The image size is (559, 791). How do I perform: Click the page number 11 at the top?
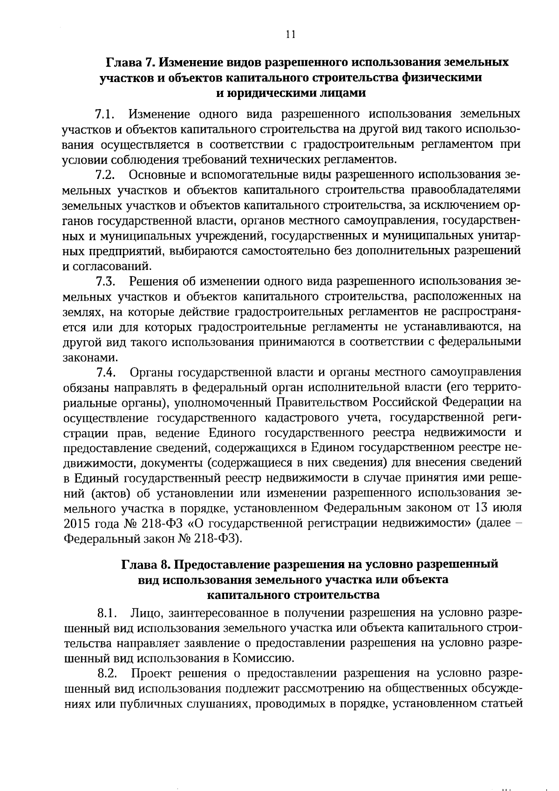click(290, 34)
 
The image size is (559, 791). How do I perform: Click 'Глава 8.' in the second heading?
click(141, 564)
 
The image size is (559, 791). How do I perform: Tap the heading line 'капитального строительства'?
click(293, 595)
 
